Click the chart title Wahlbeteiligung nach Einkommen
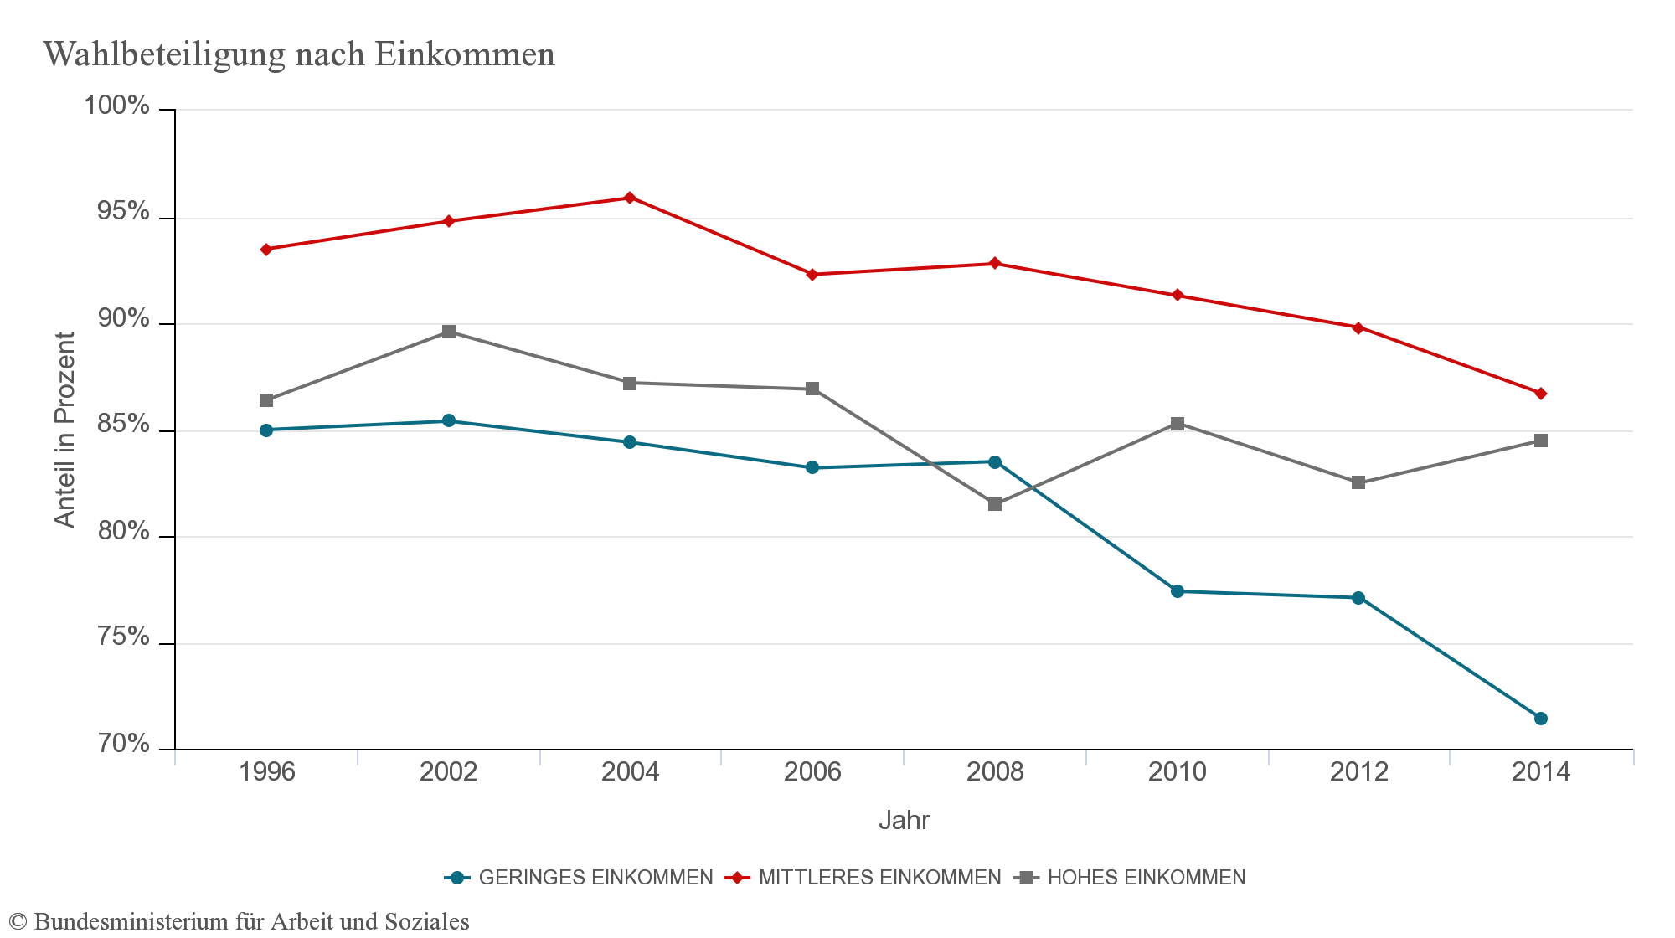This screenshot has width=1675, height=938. (299, 54)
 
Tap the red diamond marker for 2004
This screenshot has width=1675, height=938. (630, 198)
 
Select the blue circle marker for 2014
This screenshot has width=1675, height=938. (1540, 719)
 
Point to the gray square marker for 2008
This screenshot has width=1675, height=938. (995, 504)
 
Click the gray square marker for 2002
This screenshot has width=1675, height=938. (449, 332)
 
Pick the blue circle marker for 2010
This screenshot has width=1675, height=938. (1177, 591)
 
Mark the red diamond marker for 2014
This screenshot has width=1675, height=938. (1540, 394)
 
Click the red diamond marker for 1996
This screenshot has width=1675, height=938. (266, 250)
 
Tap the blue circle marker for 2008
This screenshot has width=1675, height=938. (995, 462)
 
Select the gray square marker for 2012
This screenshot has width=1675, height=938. (1358, 482)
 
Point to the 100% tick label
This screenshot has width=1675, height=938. (116, 106)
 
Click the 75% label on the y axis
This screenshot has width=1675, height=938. (123, 636)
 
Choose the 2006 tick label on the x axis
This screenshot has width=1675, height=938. (812, 771)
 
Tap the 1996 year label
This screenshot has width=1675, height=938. (266, 771)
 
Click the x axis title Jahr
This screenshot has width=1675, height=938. (904, 820)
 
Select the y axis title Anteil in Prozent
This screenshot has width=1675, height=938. (64, 430)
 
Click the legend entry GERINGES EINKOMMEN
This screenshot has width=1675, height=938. (595, 878)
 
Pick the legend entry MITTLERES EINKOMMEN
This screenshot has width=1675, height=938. (879, 878)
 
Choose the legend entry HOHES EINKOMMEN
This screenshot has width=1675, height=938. (1146, 878)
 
